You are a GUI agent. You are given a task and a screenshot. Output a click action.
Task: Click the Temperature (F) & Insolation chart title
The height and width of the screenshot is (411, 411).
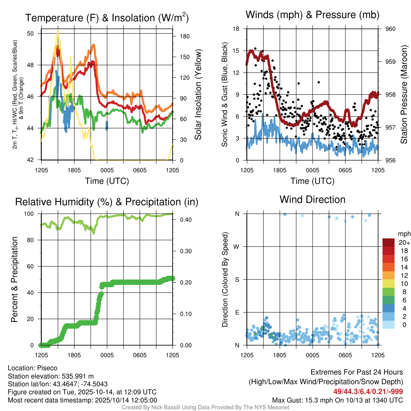(x=107, y=18)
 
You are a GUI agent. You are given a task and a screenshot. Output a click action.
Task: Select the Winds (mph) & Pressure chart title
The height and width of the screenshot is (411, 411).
(x=312, y=15)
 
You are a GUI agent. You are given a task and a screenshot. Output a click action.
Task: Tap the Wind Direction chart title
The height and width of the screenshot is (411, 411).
(x=312, y=199)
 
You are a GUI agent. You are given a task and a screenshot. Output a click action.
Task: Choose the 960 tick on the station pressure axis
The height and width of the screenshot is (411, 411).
(x=391, y=29)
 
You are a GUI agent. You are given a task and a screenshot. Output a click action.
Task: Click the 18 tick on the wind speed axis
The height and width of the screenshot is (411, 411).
(x=236, y=29)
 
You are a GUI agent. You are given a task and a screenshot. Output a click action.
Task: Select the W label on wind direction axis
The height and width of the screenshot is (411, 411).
(x=236, y=246)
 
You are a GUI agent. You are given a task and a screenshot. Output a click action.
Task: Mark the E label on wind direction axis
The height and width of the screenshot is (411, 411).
(x=237, y=312)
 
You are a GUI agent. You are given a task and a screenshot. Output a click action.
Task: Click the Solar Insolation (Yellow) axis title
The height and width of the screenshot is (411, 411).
(x=198, y=94)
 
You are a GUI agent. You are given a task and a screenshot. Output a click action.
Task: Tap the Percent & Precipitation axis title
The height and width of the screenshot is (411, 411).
(x=14, y=279)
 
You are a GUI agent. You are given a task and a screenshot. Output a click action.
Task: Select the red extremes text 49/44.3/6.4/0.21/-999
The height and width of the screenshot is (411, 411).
(x=368, y=391)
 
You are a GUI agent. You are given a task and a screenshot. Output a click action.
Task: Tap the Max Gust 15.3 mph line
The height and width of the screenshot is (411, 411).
(x=338, y=400)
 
